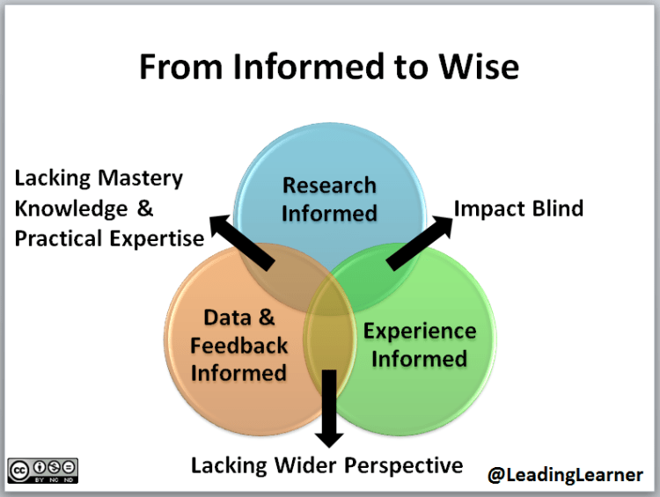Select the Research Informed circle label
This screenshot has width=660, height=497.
pos(330,199)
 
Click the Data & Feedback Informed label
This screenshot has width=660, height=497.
pos(238,345)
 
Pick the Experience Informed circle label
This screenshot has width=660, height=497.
pos(419,345)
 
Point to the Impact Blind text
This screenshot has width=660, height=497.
pos(518,208)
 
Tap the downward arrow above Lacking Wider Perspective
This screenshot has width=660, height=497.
pos(330,406)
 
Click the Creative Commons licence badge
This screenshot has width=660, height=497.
pos(43,470)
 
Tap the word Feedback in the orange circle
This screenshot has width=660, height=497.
pos(238,345)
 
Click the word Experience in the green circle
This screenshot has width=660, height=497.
pos(420,332)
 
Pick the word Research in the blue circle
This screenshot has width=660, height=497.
pos(329,186)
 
